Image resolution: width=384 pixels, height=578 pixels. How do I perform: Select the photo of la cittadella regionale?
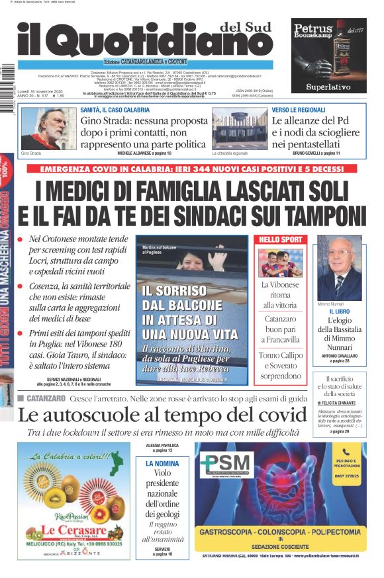point(240,128)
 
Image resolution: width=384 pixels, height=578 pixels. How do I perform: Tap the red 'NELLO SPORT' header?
point(280,239)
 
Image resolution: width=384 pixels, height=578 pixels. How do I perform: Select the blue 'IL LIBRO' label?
point(339,311)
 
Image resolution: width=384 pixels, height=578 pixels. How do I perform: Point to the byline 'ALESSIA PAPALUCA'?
point(162,446)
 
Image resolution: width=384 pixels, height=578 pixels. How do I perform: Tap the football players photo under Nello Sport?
point(280,262)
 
